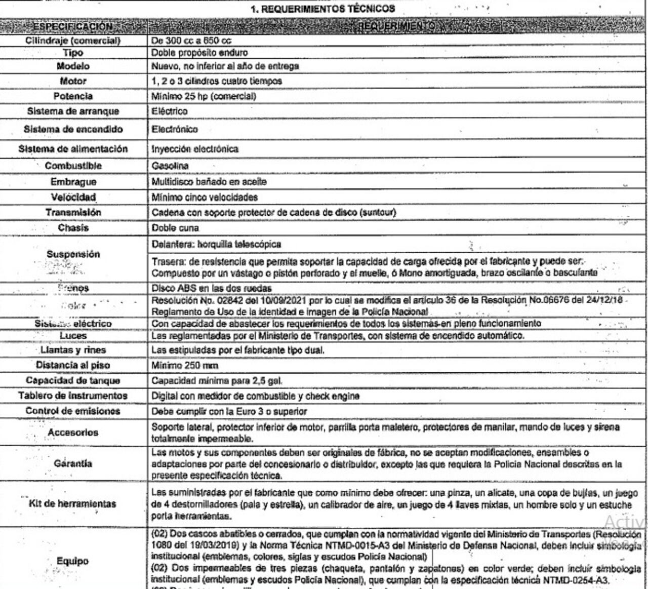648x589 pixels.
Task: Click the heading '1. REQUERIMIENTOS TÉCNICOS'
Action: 323,9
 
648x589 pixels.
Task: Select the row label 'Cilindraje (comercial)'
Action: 73,40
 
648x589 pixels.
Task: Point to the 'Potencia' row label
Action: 73,96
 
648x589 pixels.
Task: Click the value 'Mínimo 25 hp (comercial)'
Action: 204,96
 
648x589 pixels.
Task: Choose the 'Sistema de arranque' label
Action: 73,111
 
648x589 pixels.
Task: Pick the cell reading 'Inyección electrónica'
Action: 195,149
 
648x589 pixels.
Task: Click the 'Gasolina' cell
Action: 170,166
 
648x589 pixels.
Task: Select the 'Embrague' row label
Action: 73,181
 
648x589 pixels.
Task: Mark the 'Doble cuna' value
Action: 175,228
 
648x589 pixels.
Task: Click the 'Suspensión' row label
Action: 73,254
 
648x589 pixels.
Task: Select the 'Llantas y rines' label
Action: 73,350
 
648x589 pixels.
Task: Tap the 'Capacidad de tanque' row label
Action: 73,380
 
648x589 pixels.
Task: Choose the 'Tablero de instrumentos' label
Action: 73,396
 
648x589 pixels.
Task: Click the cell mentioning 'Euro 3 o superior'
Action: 229,411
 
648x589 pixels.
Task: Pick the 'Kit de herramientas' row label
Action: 73,503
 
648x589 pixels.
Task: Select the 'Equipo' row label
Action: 73,561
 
